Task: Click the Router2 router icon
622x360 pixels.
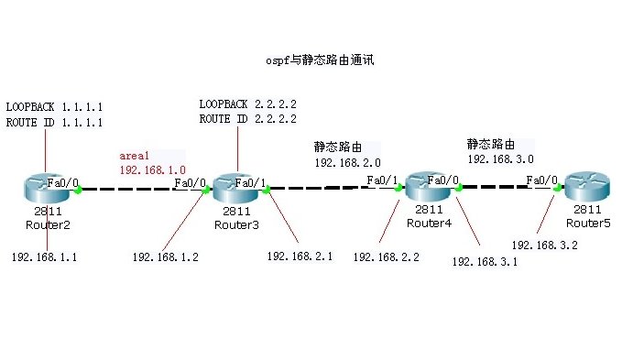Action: [44, 189]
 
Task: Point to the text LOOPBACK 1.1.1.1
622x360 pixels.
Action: [54, 106]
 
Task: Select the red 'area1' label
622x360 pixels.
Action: [134, 157]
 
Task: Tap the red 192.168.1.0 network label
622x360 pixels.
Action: [152, 170]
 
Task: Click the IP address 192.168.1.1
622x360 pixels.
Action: [44, 257]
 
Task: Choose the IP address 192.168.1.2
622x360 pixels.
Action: [165, 257]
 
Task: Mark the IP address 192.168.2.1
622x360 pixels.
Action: [300, 256]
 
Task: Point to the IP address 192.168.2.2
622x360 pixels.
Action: [386, 257]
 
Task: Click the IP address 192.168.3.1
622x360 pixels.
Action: [485, 262]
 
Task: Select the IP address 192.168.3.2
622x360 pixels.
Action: [544, 245]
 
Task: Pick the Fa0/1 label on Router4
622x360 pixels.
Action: [382, 180]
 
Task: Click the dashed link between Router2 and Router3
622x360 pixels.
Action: [142, 190]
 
